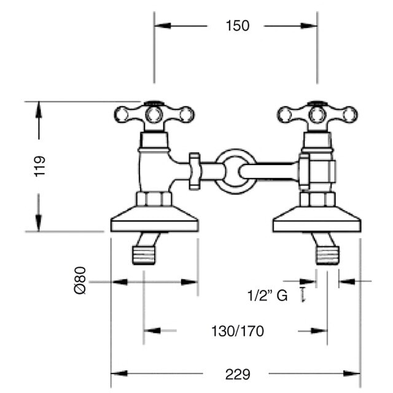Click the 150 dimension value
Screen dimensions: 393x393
pos(238,26)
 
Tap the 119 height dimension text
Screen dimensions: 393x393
pos(40,166)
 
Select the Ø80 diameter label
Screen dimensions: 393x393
pos(80,280)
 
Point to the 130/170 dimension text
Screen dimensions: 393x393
pos(238,331)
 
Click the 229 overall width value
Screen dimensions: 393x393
pos(238,375)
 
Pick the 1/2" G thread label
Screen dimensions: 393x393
pos(268,295)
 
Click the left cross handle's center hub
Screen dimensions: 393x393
pos(154,115)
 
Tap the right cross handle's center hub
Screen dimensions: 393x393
pos(317,115)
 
